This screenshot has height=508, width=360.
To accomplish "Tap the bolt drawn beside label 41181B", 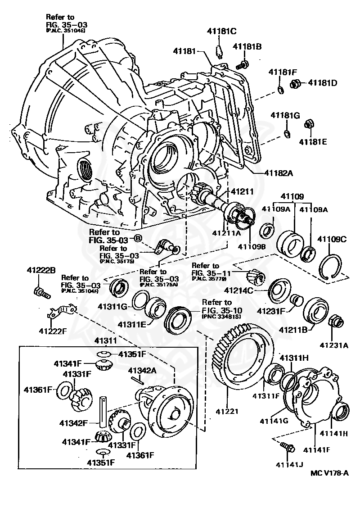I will click(243, 65).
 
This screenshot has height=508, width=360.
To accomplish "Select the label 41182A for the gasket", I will click(279, 173).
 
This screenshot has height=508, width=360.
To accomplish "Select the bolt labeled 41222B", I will click(40, 292).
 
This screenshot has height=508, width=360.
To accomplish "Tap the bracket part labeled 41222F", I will click(62, 311).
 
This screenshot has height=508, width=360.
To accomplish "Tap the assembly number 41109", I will click(292, 197).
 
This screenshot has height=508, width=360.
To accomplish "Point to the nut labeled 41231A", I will click(336, 322).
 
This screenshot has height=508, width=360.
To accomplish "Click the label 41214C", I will click(252, 290).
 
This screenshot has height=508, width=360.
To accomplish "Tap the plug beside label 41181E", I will click(309, 123).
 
